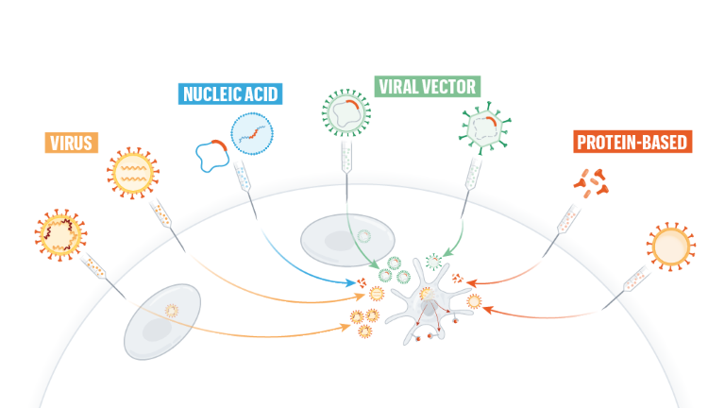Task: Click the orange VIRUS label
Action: coord(71,143)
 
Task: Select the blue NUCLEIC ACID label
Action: coord(230,93)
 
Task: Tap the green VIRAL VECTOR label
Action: coord(428,87)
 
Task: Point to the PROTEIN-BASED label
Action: coord(632,142)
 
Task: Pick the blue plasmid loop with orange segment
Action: coord(212,156)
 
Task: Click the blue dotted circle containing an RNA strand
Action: coord(252,134)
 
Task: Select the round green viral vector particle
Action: coord(346,113)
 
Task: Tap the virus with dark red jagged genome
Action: coord(60,234)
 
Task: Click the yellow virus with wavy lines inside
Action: coord(133,173)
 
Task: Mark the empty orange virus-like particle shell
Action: coord(671,246)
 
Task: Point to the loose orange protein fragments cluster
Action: coord(591,183)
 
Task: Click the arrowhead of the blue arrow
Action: coord(351,281)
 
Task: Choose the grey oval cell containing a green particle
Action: coord(347,240)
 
